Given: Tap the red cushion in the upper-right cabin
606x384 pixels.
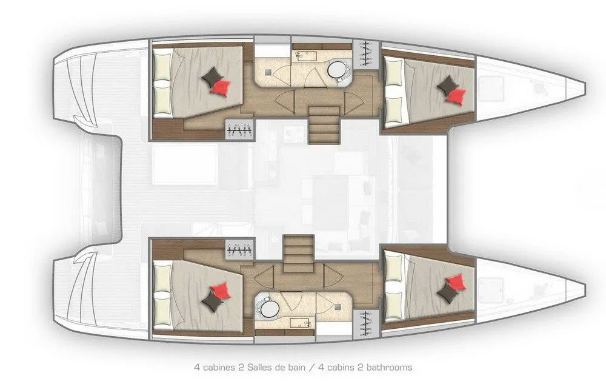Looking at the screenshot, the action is pos(456,96).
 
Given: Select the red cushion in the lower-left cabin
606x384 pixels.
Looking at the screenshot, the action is pos(221,291).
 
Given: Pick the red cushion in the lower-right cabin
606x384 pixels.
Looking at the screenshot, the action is pos(456,282).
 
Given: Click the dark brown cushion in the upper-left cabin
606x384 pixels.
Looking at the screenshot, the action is pos(212,76).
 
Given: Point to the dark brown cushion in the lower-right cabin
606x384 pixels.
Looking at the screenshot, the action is pos(448,294).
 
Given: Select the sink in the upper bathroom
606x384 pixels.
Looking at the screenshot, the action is pos(306,56).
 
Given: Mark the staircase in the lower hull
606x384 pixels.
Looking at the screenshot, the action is pos(298,254).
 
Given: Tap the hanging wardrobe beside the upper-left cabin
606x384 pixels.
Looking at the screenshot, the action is pos(240,130).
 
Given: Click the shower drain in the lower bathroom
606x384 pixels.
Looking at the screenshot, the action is pos(339,307).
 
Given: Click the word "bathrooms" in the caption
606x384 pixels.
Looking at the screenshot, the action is pos(390,367).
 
